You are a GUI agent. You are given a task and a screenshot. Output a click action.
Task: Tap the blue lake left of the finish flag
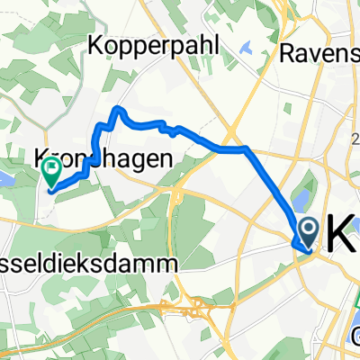[7, 180]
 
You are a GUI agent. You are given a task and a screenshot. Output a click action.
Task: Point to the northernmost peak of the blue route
[117, 110]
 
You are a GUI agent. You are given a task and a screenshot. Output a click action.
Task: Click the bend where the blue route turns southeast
[245, 149]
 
